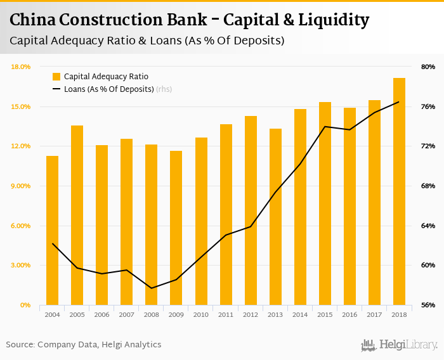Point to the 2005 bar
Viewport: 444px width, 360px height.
[x=77, y=215]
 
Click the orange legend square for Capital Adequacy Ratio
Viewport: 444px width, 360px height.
[x=56, y=77]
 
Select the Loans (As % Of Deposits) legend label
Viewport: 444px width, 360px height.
[x=109, y=89]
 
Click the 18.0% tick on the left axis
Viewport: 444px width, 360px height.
[x=22, y=67]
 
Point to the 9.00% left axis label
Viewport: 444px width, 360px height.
[x=22, y=186]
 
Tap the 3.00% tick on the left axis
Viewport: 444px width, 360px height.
[x=22, y=266]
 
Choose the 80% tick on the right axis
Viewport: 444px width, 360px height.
[x=428, y=67]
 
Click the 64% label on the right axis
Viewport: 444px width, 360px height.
[x=428, y=226]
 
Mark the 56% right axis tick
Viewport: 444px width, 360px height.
[x=428, y=305]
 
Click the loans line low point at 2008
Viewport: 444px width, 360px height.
[x=151, y=288]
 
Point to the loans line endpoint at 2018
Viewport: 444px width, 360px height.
[x=399, y=101]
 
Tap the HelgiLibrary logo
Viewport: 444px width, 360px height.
[x=399, y=345]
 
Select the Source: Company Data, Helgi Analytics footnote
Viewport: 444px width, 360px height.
[x=84, y=345]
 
